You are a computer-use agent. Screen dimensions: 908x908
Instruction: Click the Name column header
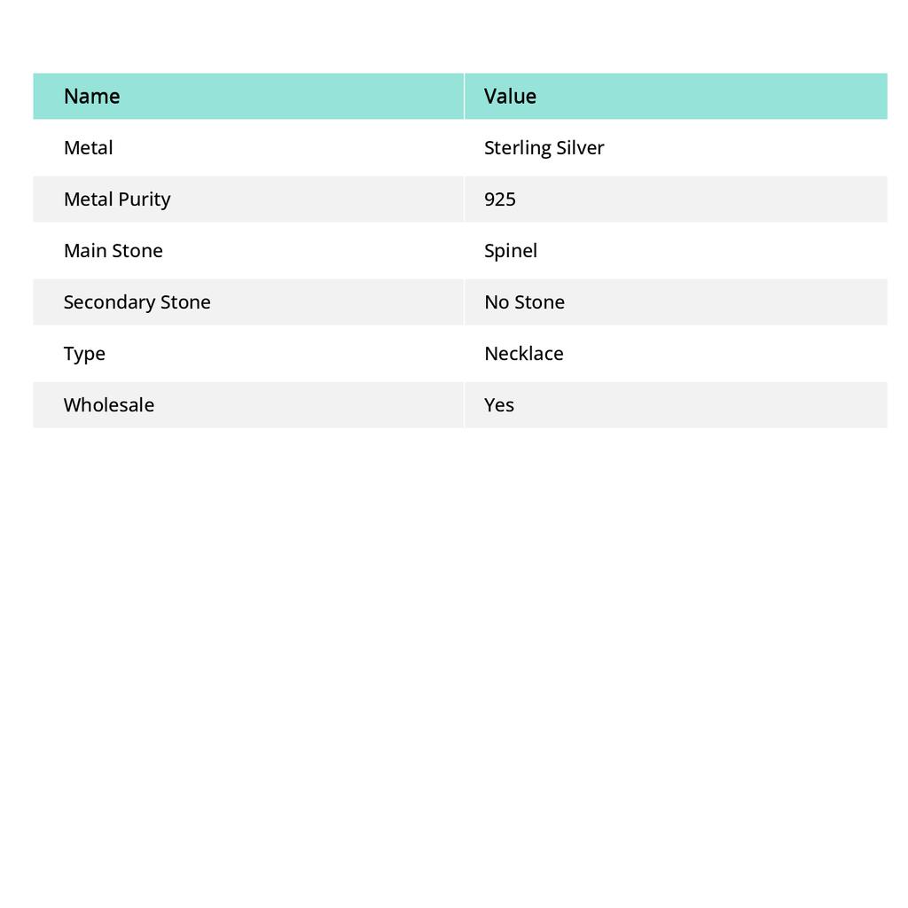point(91,96)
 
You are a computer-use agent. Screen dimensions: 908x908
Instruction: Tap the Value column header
point(510,96)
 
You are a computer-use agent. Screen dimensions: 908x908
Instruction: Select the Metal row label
point(88,147)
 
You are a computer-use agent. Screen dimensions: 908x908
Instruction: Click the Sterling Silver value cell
point(544,147)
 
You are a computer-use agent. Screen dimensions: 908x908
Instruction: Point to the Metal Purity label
point(116,199)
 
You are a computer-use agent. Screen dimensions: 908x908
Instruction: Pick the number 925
point(499,199)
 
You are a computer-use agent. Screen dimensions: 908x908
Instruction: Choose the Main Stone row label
point(113,250)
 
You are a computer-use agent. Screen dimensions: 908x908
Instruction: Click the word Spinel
point(510,250)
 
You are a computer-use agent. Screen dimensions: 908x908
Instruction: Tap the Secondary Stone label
point(137,301)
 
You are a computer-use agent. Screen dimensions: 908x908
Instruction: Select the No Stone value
point(524,301)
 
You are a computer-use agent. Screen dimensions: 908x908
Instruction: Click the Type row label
point(84,353)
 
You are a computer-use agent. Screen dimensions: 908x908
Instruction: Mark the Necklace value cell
point(523,353)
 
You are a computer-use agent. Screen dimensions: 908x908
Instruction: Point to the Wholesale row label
point(108,404)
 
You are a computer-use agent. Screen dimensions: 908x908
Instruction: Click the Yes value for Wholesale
point(498,404)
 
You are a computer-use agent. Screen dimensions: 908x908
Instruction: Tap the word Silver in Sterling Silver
point(580,147)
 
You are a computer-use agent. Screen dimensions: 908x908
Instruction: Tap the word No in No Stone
point(496,301)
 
